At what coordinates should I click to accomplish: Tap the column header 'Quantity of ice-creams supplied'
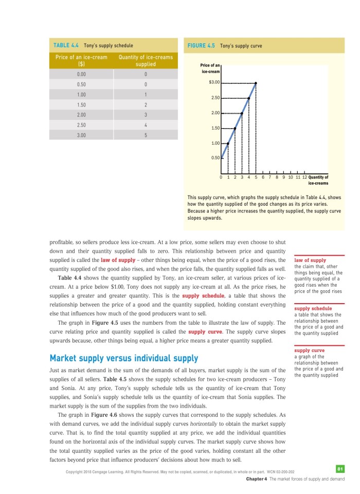146,61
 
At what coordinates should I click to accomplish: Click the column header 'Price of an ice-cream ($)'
81,61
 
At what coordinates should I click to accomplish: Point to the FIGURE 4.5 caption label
201,45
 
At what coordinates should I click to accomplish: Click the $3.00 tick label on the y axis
214,82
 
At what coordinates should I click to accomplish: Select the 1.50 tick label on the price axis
215,128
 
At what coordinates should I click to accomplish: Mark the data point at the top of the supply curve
256,83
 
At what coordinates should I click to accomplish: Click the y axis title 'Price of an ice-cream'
210,68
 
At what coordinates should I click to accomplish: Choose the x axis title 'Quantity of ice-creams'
318,180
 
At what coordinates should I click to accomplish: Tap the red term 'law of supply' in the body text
118,259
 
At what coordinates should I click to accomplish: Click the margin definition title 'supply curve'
309,351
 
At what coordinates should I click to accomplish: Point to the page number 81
339,469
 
